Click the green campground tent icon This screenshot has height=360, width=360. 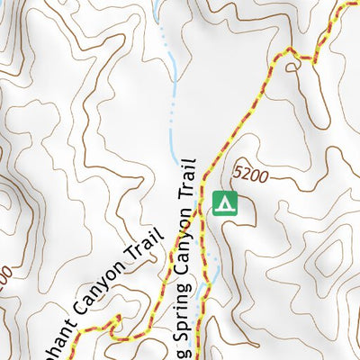[224, 204]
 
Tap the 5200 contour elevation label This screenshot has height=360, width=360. [249, 175]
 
